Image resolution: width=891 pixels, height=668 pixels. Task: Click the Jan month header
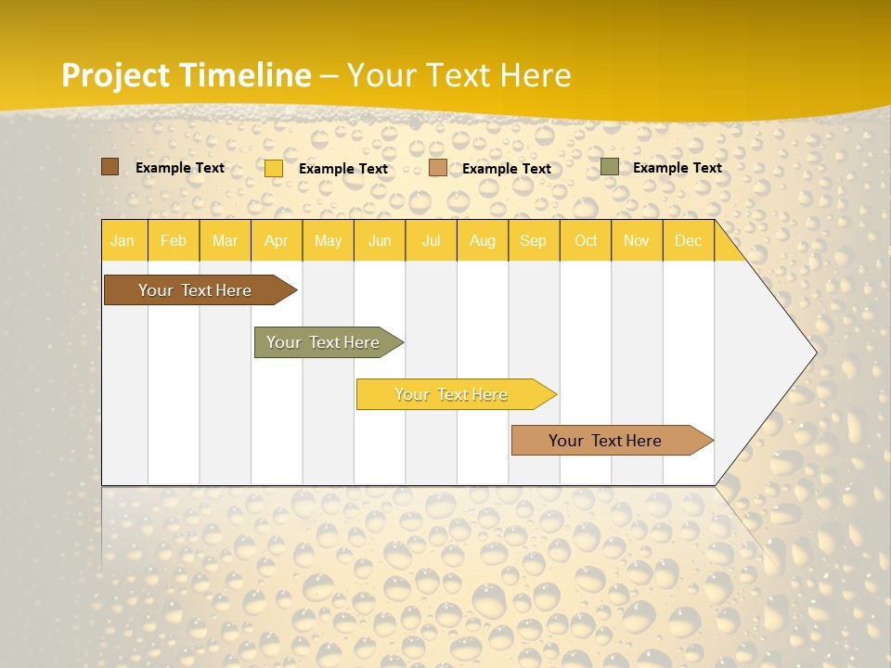(x=123, y=241)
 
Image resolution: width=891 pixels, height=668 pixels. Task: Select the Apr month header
(x=277, y=241)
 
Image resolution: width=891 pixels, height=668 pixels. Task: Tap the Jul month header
(x=432, y=241)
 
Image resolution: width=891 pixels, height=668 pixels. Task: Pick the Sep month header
(x=533, y=241)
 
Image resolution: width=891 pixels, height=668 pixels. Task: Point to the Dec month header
(x=688, y=241)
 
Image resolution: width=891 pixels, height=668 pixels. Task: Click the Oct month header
(x=586, y=241)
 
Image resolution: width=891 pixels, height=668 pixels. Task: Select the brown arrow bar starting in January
(x=196, y=290)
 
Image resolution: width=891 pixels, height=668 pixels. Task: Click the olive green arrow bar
(x=324, y=342)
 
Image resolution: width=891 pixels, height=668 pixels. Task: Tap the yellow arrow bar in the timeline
(x=451, y=394)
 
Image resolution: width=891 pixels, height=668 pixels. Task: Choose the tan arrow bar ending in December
(x=606, y=441)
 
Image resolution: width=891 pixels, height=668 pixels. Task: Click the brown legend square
(x=110, y=167)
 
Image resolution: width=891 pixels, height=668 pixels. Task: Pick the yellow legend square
(x=274, y=168)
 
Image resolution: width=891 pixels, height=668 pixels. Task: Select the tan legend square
(x=438, y=168)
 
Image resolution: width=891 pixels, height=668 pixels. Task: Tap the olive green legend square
(x=610, y=167)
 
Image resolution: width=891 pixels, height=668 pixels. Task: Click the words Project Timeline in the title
(x=186, y=75)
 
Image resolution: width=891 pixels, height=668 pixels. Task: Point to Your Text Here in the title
(x=459, y=75)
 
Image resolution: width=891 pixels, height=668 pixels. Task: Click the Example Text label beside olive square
(x=677, y=168)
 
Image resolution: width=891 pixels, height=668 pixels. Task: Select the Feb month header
(x=174, y=241)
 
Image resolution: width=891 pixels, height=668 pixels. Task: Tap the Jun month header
(x=380, y=241)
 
